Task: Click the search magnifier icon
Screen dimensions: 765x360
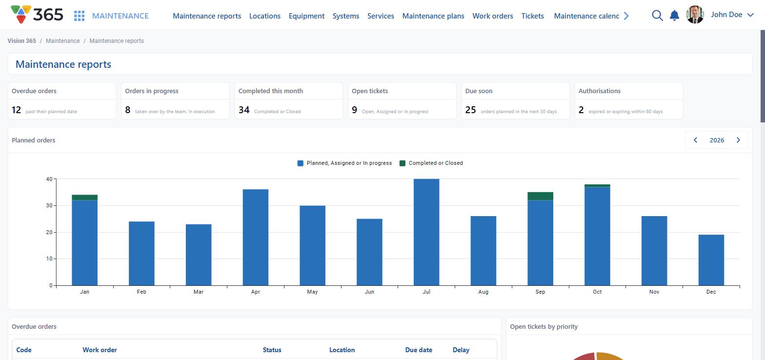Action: coord(657,16)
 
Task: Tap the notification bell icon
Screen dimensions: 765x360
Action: coord(674,16)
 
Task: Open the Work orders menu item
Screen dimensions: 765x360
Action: coord(492,16)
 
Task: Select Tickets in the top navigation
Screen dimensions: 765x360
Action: coord(532,16)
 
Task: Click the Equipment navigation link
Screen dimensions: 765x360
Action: coord(306,16)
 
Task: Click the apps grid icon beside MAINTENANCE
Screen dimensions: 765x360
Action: coord(79,16)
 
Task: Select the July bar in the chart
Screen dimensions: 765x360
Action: coord(426,232)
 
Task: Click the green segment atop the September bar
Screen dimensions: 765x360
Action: coord(540,196)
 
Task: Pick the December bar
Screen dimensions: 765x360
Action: coord(711,260)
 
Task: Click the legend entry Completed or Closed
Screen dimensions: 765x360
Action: coord(431,163)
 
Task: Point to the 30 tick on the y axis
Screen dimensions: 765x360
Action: coord(49,206)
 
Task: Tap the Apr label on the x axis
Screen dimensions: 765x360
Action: coord(256,292)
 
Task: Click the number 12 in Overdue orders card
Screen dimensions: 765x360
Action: coord(17,110)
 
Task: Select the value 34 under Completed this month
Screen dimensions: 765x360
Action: coord(244,110)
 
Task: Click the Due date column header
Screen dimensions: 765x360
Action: coord(419,350)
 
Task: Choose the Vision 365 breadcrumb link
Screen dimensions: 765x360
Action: coord(21,41)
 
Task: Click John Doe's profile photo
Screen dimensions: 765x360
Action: coord(695,15)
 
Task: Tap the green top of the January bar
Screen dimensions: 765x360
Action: coord(85,198)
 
